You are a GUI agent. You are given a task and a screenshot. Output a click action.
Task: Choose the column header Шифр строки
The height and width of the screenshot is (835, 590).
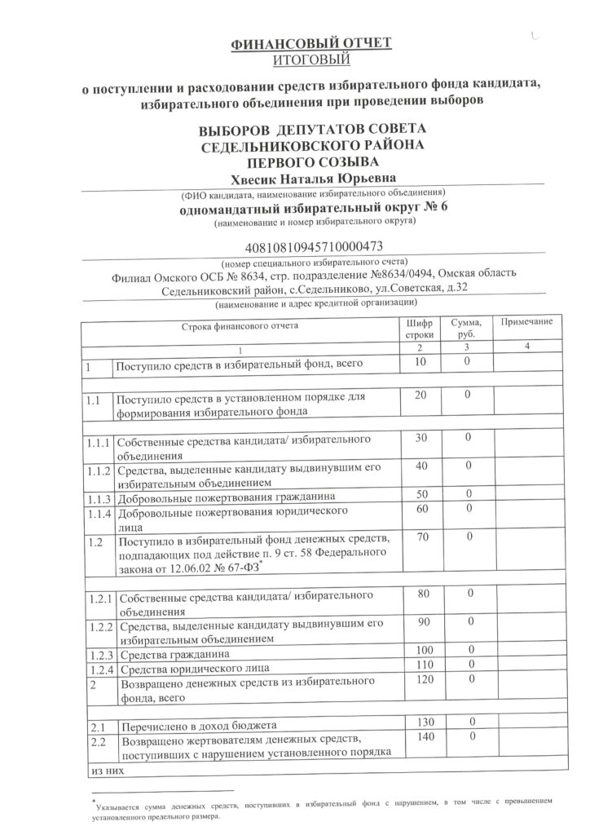[x=421, y=329]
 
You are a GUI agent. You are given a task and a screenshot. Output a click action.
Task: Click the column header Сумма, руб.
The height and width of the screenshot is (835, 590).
[x=468, y=329]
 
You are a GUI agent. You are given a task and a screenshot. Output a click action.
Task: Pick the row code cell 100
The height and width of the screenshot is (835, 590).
[x=421, y=652]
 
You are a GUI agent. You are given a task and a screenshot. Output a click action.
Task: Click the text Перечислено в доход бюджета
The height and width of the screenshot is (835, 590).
[x=199, y=725]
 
